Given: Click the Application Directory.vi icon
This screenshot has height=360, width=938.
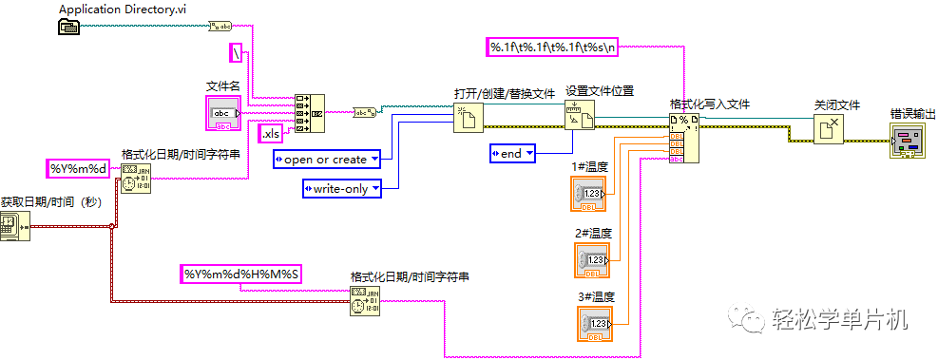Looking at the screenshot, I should pyautogui.click(x=70, y=27).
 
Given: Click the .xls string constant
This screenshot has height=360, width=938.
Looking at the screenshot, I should pyautogui.click(x=271, y=133).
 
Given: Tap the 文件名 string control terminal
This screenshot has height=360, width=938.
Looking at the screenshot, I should pyautogui.click(x=224, y=112).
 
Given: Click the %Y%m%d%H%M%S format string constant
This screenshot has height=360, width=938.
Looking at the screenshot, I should pyautogui.click(x=242, y=275).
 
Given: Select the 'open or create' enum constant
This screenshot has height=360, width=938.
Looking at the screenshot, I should pyautogui.click(x=326, y=159).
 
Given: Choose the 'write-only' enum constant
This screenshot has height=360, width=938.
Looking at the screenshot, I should pyautogui.click(x=341, y=189).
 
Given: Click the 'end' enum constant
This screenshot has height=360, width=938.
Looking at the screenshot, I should pyautogui.click(x=512, y=152).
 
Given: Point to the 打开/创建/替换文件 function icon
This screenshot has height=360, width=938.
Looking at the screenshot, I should pyautogui.click(x=468, y=117).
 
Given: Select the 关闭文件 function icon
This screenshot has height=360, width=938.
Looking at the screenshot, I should pyautogui.click(x=828, y=128).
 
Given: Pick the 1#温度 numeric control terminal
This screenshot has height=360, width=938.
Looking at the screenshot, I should pyautogui.click(x=591, y=194).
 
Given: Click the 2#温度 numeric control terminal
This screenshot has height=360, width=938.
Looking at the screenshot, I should pyautogui.click(x=592, y=259).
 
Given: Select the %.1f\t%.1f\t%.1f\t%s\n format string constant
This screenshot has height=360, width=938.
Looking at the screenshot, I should pyautogui.click(x=552, y=46).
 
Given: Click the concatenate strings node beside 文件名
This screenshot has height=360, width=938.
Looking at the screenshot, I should pyautogui.click(x=309, y=113).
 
